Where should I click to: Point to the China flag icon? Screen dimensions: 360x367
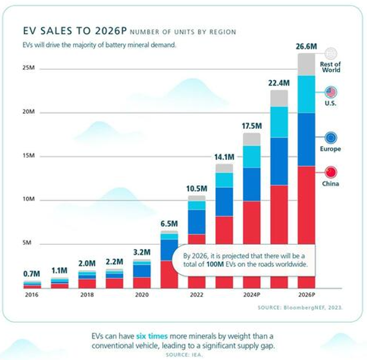click(x=331, y=172)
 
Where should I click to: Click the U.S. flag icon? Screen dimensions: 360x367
click(x=331, y=93)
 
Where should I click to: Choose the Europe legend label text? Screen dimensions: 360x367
click(x=331, y=149)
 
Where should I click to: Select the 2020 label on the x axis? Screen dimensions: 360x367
click(x=142, y=295)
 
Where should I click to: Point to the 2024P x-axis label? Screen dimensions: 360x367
click(x=251, y=295)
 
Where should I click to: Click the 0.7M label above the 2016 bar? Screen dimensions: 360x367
click(x=33, y=274)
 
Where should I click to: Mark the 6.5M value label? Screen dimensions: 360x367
click(x=169, y=224)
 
